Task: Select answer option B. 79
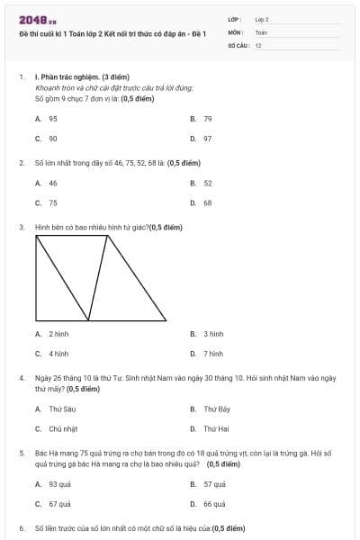[201, 119]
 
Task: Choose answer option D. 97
[201, 139]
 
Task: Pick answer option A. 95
[47, 119]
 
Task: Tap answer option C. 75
[47, 203]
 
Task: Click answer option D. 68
[201, 203]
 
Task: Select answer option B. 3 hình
[206, 333]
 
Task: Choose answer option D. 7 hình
[206, 354]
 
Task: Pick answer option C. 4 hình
[52, 354]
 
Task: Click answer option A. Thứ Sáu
[52, 409]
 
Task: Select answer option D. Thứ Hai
[209, 429]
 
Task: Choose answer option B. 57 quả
[207, 484]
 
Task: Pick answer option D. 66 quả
[207, 505]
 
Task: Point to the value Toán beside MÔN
[261, 31]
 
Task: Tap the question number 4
[22, 378]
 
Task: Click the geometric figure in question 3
[101, 277]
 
